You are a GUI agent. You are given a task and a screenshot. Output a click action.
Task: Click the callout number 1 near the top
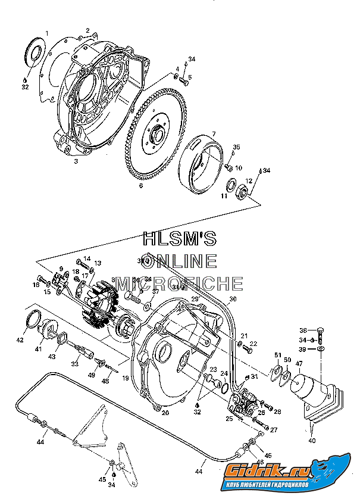click(x=47, y=33)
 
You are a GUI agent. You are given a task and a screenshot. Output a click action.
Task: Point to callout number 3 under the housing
click(x=76, y=161)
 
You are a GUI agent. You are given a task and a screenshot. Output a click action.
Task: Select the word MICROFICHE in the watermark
click(x=180, y=283)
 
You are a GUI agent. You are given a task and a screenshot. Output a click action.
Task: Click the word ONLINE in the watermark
click(x=180, y=260)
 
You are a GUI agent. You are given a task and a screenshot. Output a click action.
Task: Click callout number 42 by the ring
click(x=20, y=340)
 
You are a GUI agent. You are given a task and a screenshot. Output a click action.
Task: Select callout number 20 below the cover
click(x=165, y=413)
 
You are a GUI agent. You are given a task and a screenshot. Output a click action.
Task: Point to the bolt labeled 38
click(x=320, y=331)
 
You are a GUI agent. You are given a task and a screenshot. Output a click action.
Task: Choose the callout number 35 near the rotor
click(x=236, y=147)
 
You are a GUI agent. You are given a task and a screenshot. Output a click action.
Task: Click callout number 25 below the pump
click(x=230, y=419)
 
